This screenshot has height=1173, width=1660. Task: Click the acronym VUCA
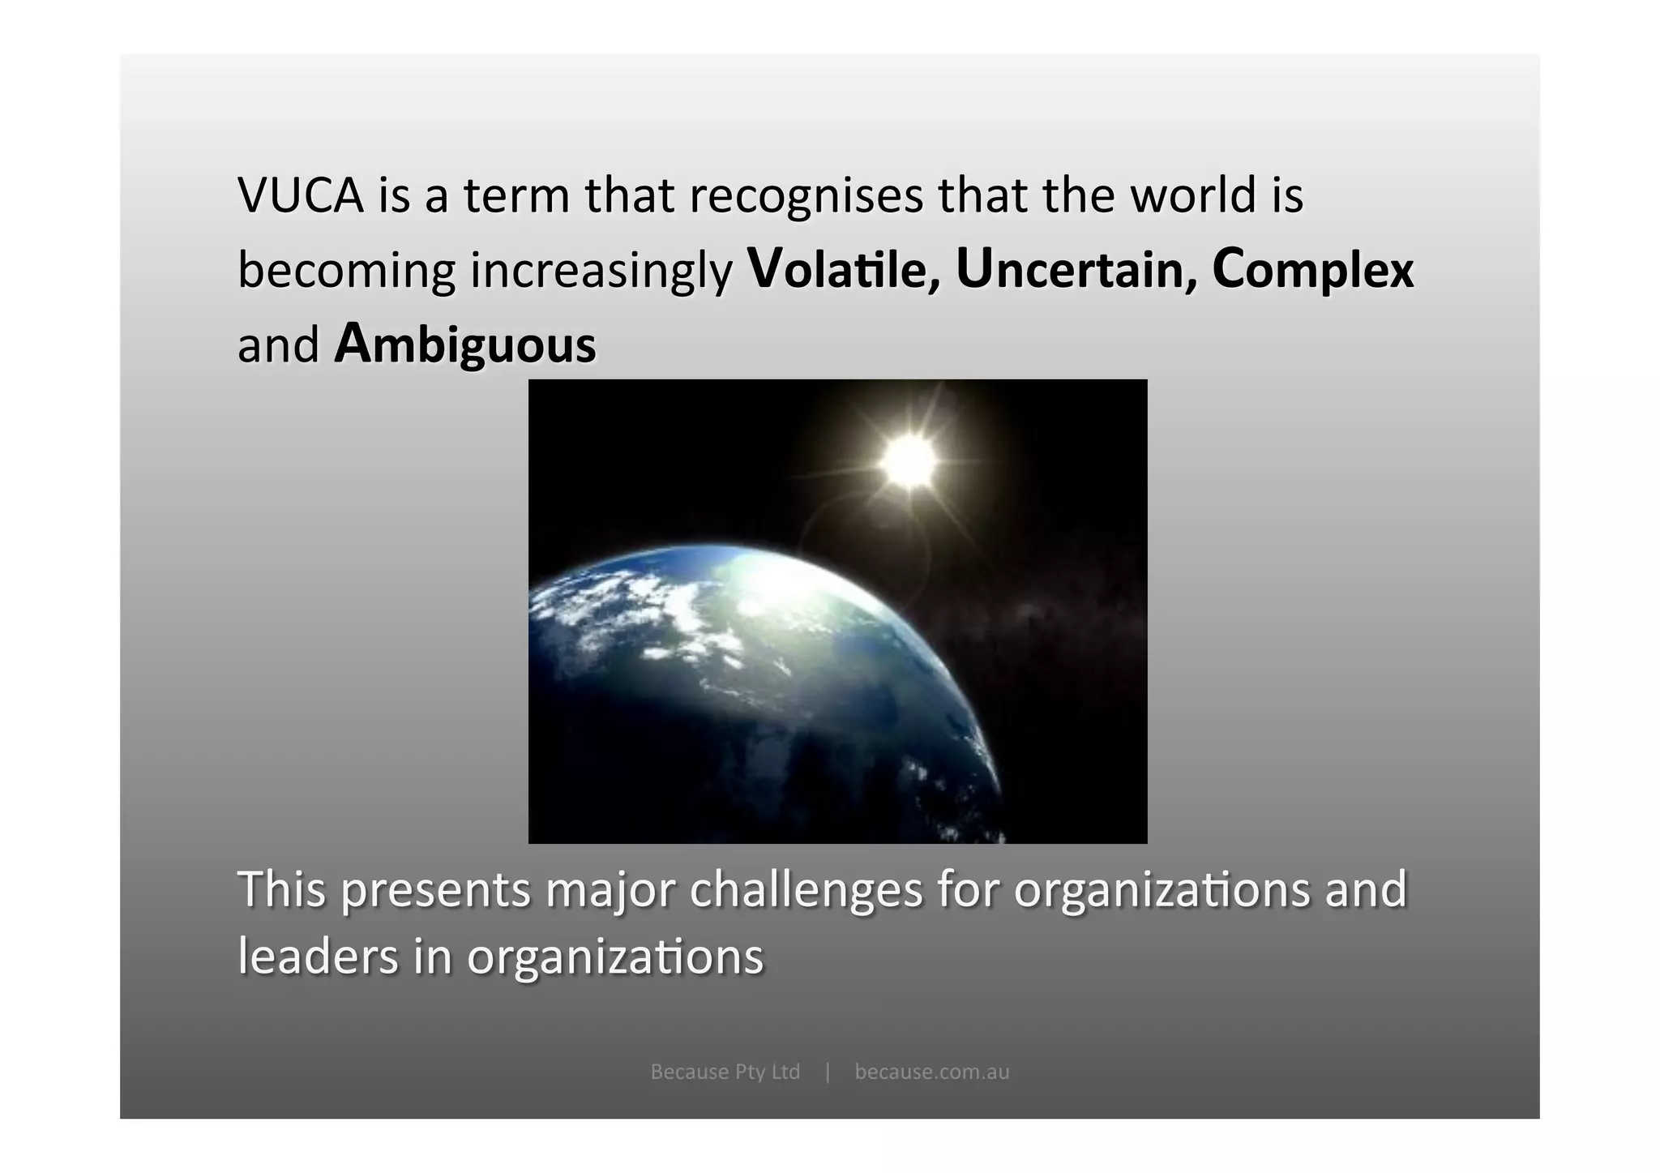(301, 195)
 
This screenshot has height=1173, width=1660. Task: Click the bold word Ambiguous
(465, 345)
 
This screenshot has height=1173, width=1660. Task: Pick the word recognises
(806, 195)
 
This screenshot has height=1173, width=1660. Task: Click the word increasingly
(601, 271)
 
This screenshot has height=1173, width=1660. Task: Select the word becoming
(346, 271)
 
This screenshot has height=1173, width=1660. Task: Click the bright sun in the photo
(909, 460)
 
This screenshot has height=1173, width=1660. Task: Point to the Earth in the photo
(754, 689)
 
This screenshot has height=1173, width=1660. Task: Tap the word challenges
(806, 889)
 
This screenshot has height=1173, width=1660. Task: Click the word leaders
(318, 957)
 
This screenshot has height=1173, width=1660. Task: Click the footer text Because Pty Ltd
(725, 1072)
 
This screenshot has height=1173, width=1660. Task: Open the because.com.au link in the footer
(932, 1072)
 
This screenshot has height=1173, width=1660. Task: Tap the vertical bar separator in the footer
(828, 1072)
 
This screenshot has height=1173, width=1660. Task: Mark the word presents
(435, 889)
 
